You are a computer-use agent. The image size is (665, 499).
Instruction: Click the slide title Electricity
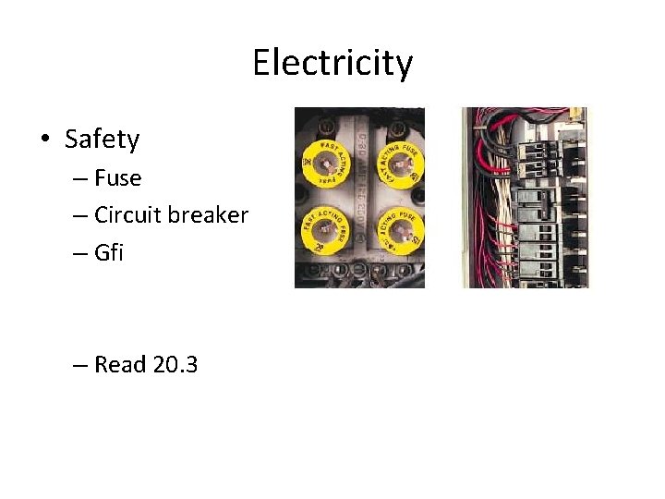pos(332,64)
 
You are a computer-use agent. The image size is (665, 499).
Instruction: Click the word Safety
pos(102,140)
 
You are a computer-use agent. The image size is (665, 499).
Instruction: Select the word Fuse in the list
pos(118,177)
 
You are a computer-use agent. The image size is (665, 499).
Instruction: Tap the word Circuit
pos(129,215)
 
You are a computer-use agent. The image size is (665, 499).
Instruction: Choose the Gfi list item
pos(109,252)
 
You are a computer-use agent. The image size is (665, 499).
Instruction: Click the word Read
pos(121,365)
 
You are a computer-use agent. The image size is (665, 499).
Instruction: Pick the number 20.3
pos(175,365)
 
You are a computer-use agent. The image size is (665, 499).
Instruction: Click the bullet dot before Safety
pos(44,140)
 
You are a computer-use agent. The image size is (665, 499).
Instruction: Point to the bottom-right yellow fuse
pos(399,235)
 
